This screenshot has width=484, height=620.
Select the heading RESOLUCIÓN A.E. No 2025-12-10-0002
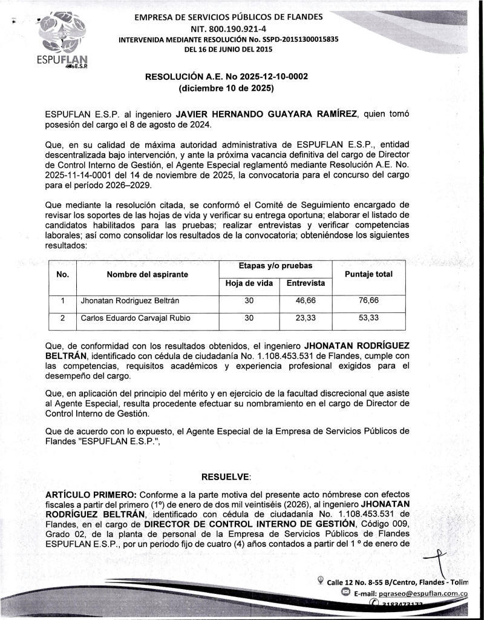226,77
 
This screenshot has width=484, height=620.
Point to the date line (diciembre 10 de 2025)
226,89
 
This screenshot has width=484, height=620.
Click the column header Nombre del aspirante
147,274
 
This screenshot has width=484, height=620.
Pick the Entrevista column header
306,283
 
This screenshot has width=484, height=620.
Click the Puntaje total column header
368,274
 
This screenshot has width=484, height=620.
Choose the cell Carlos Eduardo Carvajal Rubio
136,318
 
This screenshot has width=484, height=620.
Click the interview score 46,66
306,301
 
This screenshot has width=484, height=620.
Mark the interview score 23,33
306,318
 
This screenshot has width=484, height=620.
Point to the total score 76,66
368,301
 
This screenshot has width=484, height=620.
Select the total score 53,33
368,318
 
